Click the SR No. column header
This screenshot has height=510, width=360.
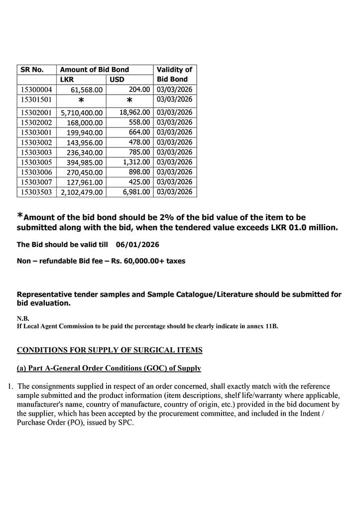[32, 70]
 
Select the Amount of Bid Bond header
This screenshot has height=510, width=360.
[94, 70]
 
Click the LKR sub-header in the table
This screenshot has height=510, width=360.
[67, 79]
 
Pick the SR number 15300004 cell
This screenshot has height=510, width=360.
[36, 90]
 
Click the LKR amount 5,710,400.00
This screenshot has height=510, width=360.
[82, 113]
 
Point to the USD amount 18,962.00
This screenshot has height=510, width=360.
[134, 113]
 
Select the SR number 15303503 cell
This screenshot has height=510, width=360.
[36, 192]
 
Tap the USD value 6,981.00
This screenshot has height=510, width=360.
[136, 192]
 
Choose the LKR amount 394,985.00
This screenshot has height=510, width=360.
[85, 163]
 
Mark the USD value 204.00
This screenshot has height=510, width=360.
[139, 90]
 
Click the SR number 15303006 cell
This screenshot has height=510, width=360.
[36, 172]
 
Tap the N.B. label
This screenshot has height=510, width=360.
[23, 318]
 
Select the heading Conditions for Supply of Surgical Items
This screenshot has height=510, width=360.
[110, 350]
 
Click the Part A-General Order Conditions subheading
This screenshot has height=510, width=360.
[109, 369]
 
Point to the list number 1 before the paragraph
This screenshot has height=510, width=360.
[10, 386]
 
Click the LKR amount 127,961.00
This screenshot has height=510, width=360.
[85, 183]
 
